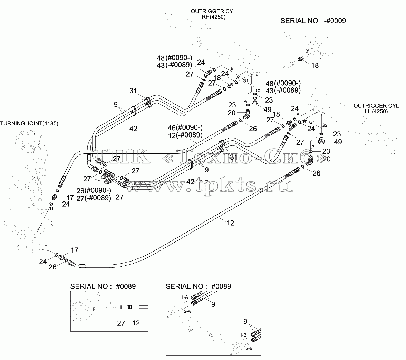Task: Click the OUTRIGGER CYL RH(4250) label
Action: (x=213, y=14)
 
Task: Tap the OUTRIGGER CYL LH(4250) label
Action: (x=376, y=108)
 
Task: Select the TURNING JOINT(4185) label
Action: (x=29, y=123)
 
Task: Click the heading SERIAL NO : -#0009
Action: (x=313, y=21)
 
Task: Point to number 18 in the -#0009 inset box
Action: (x=315, y=65)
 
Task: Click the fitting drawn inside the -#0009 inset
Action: (x=300, y=59)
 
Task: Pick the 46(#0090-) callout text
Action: (x=185, y=127)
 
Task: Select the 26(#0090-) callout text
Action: (x=94, y=190)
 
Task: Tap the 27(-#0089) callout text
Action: (x=94, y=198)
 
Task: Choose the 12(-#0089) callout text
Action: (x=185, y=135)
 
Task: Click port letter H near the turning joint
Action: (x=51, y=208)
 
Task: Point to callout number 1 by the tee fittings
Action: (x=97, y=180)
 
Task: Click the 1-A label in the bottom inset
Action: (x=185, y=297)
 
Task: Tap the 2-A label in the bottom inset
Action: (x=187, y=311)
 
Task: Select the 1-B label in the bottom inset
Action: (x=243, y=335)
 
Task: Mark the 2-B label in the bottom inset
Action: (x=249, y=348)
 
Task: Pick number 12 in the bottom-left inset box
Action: (x=136, y=323)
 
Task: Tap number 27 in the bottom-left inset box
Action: (x=121, y=323)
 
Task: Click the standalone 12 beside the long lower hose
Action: (x=230, y=223)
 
